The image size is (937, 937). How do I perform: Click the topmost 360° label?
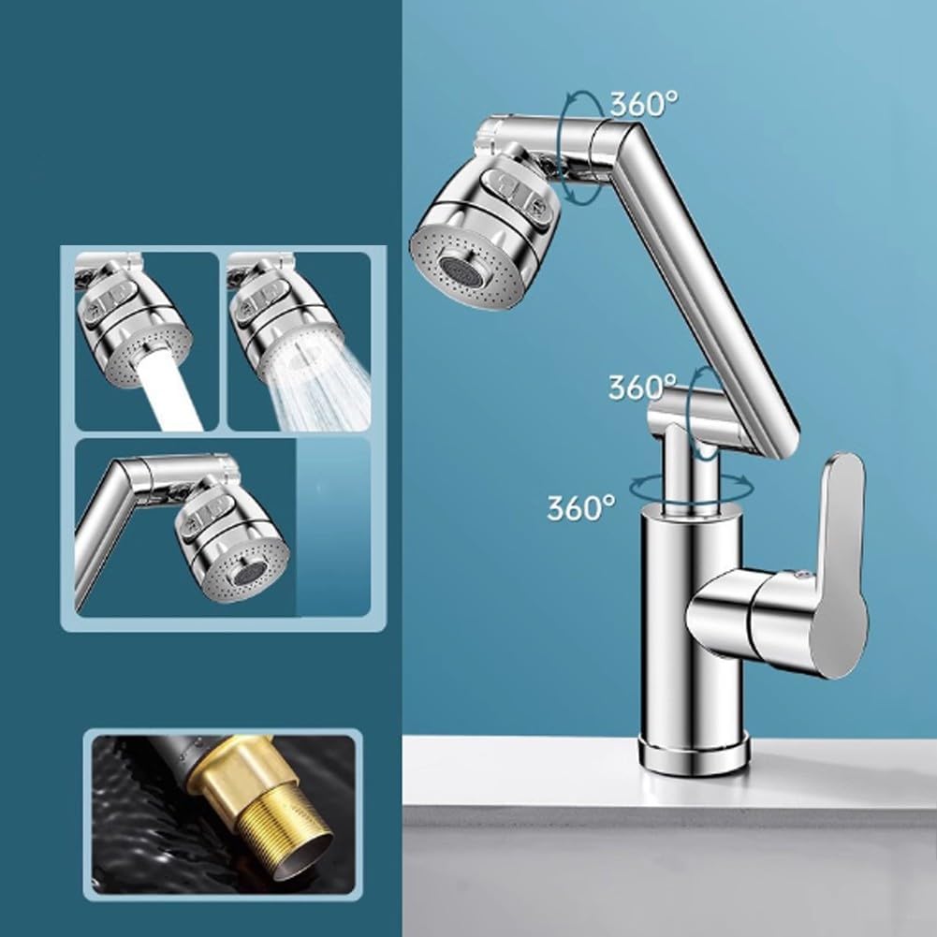click(x=644, y=105)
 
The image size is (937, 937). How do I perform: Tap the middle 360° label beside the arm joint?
click(x=642, y=388)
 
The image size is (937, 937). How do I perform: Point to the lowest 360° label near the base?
click(x=581, y=508)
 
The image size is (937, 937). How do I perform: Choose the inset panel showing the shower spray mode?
click(x=299, y=342)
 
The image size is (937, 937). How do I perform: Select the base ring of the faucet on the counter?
click(x=695, y=754)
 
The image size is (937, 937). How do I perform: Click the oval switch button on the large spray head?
click(x=510, y=185)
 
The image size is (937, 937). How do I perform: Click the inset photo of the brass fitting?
click(x=223, y=814)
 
